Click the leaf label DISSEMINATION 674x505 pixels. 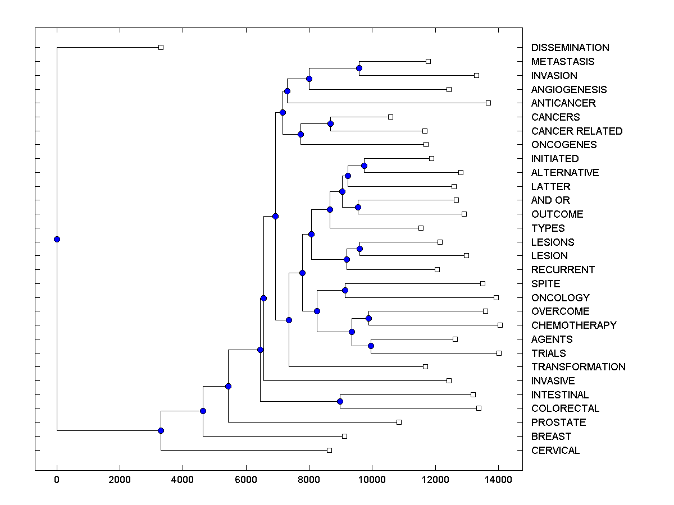(x=570, y=48)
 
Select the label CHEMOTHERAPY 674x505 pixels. (x=573, y=325)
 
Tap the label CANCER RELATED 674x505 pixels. (x=576, y=131)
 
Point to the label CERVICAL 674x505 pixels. (x=555, y=451)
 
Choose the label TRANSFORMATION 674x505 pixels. (x=578, y=367)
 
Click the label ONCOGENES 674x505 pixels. (x=563, y=145)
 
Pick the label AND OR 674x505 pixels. (x=550, y=200)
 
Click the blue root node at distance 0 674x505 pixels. (x=57, y=239)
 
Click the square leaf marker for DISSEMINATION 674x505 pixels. (x=161, y=48)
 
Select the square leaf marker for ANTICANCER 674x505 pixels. (x=488, y=103)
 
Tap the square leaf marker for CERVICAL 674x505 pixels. (x=329, y=450)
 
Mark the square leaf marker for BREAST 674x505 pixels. (x=344, y=436)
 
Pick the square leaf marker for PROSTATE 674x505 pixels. (x=399, y=422)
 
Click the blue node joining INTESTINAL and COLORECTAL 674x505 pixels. (x=340, y=401)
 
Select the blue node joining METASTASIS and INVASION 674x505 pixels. (x=359, y=68)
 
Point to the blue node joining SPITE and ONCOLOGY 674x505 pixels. (x=345, y=290)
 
